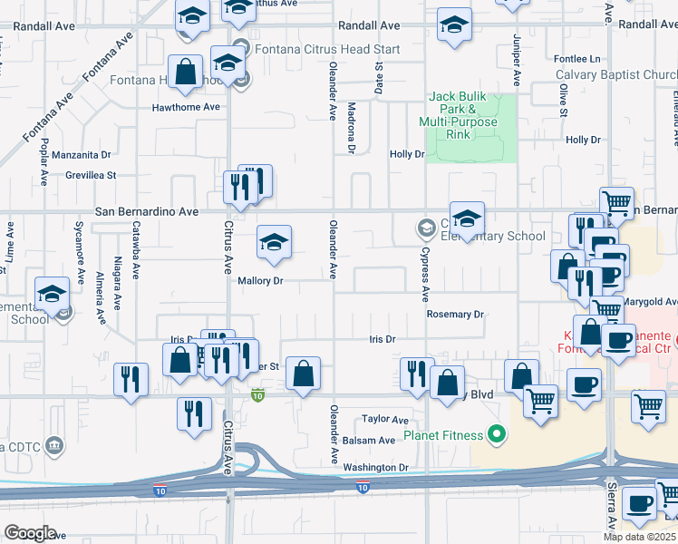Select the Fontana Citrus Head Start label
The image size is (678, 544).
313,48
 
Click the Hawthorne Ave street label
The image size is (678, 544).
187,107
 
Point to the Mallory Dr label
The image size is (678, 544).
261,281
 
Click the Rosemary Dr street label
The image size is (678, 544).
456,315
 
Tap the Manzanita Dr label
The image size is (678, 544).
81,155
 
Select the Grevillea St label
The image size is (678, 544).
84,175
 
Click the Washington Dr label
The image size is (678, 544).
376,468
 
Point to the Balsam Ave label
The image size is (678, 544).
369,441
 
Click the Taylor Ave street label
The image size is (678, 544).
385,420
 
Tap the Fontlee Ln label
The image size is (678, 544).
577,59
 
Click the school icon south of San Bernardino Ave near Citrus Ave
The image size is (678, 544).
274,242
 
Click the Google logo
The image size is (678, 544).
30,533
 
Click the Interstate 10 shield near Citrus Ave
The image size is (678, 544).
258,394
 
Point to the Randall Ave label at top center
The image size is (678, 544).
369,26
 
